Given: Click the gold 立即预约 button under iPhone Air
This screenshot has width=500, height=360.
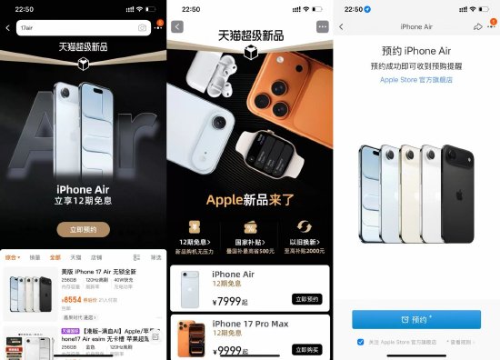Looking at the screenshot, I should pyautogui.click(x=83, y=229).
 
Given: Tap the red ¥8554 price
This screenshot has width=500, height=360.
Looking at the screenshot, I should pyautogui.click(x=72, y=299).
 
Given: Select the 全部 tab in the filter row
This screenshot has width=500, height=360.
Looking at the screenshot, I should pyautogui.click(x=55, y=257).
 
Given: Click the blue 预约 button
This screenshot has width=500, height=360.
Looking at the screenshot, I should pyautogui.click(x=416, y=320).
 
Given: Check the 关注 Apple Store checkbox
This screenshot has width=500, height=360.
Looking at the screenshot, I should pyautogui.click(x=360, y=342).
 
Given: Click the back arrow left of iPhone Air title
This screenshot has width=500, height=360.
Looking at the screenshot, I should pyautogui.click(x=341, y=27).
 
